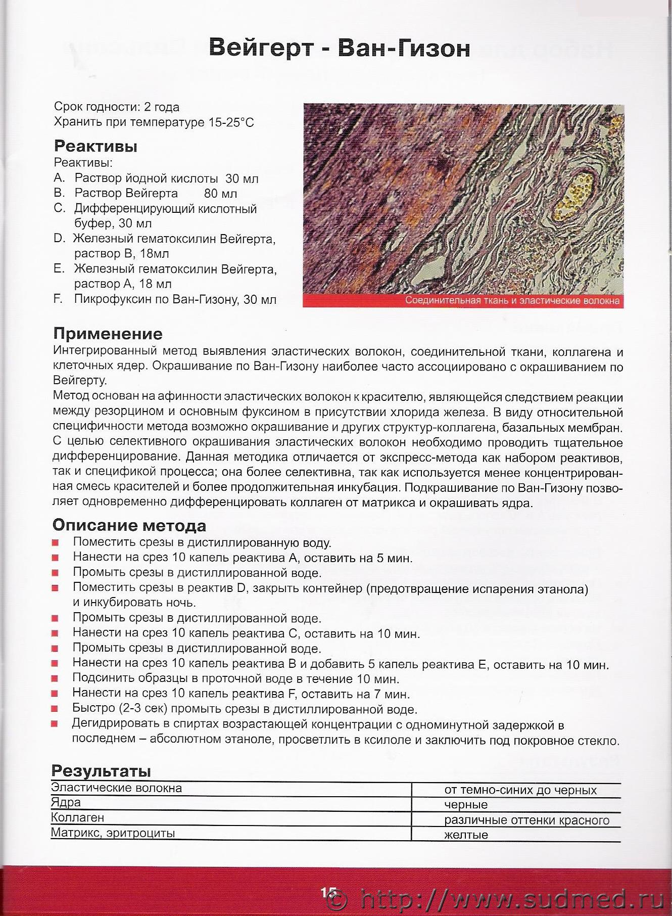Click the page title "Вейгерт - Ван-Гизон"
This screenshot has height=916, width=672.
[x=339, y=48]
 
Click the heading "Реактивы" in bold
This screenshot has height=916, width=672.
[x=95, y=147]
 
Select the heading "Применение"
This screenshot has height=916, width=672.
[x=108, y=334]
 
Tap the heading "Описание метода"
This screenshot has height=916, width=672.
[x=129, y=526]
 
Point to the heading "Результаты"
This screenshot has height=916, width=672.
[x=101, y=771]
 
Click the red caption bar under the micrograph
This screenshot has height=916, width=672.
[x=463, y=301]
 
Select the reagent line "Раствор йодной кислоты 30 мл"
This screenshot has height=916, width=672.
[x=166, y=178]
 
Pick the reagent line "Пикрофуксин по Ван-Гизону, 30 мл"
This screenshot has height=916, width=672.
[x=175, y=299]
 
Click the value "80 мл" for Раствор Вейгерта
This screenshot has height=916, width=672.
[x=220, y=194]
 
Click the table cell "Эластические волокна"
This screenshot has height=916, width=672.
[x=116, y=788]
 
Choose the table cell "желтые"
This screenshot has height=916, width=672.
[x=466, y=835]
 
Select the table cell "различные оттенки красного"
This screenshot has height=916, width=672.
[x=526, y=820]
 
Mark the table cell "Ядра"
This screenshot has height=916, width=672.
[x=66, y=803]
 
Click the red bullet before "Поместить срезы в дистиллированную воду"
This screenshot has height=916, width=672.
[x=55, y=543]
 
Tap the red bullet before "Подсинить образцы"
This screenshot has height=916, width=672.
[x=55, y=678]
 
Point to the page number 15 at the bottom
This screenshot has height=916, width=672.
[x=328, y=893]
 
